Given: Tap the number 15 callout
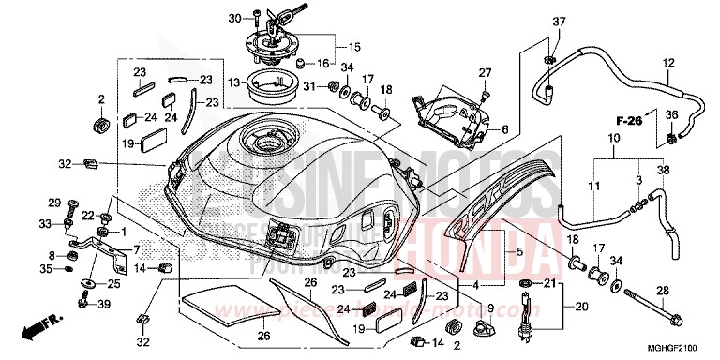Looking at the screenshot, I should [x=354, y=46].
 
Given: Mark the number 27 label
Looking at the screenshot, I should [x=486, y=72].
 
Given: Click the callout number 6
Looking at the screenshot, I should [x=504, y=129].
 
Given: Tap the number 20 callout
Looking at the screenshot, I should [x=578, y=307].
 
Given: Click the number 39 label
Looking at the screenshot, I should [x=104, y=303].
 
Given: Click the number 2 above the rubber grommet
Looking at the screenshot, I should [x=100, y=98].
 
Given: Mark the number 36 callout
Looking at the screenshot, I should [x=670, y=114].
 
